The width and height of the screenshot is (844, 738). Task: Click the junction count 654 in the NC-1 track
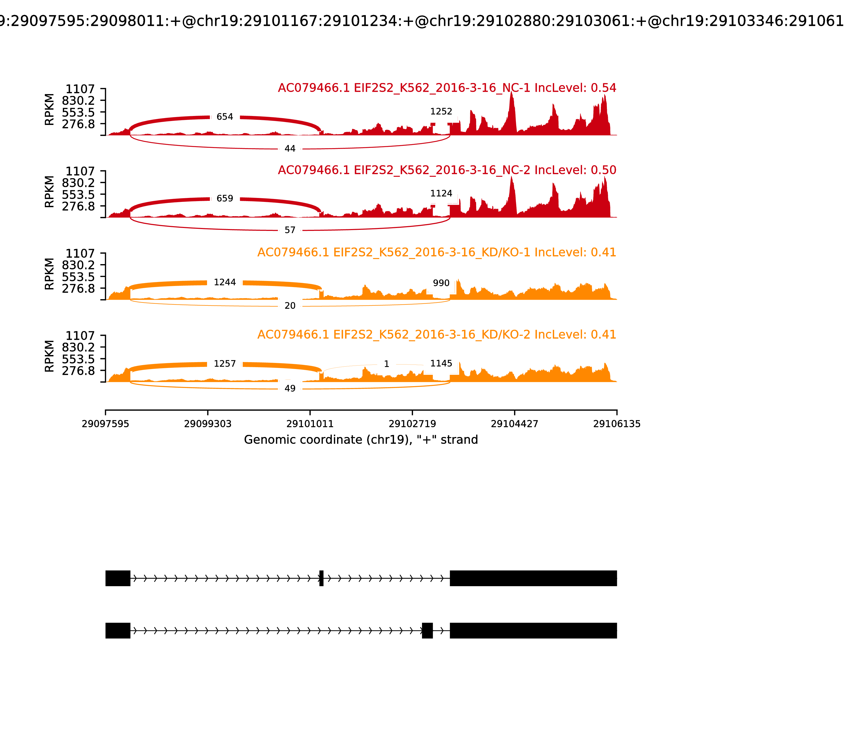(x=225, y=117)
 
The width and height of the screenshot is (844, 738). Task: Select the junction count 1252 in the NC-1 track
(x=441, y=111)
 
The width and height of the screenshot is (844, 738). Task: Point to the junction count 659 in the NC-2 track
(x=225, y=198)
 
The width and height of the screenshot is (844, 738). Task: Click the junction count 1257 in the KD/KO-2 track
(x=225, y=364)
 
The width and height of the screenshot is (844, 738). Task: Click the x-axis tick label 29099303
(x=208, y=424)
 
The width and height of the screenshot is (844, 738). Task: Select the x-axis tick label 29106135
(x=617, y=424)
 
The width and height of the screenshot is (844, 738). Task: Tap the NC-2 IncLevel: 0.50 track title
(x=447, y=170)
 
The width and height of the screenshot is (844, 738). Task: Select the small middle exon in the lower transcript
(x=427, y=630)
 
